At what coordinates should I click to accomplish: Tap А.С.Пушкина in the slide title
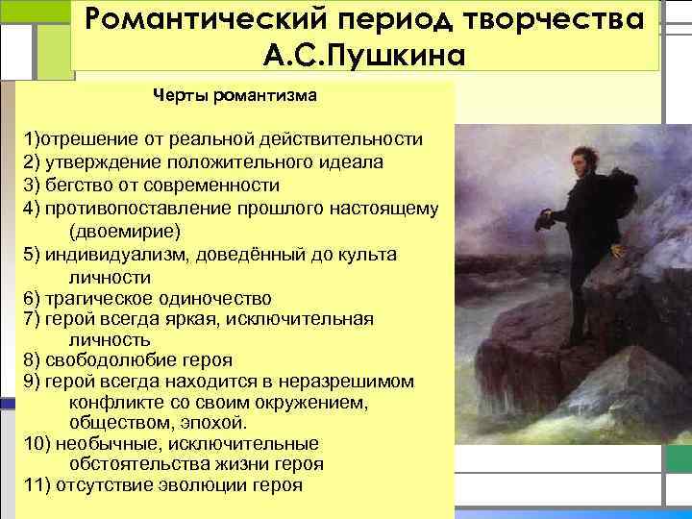tap(364, 54)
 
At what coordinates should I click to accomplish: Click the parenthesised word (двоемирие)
tap(124, 232)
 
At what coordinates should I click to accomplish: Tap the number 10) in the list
tap(37, 444)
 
